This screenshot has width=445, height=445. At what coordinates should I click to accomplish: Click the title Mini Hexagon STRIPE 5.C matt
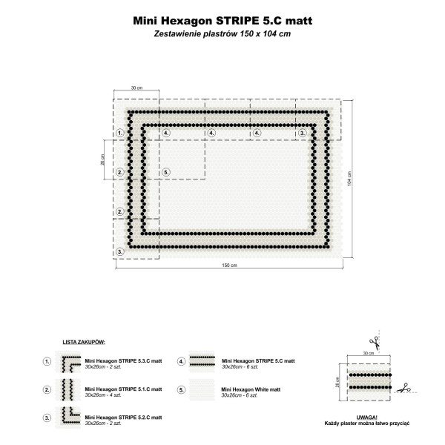coord(222,21)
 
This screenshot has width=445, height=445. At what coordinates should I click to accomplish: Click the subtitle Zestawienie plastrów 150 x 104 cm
coord(222,34)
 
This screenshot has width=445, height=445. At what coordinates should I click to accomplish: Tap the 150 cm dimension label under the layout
coord(229,266)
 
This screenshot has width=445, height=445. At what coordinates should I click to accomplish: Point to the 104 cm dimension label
coord(349,179)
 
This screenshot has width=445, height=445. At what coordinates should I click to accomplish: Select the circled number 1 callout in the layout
coord(120,133)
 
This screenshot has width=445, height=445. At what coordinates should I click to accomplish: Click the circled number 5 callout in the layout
coord(166,172)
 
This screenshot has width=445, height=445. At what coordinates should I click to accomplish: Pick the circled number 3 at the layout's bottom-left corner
coord(120,251)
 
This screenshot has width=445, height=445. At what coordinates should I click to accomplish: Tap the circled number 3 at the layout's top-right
coord(303,133)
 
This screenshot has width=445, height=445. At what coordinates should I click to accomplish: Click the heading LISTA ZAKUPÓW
coord(84,342)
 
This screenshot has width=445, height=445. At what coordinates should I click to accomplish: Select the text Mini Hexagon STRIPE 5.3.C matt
coord(123,361)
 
